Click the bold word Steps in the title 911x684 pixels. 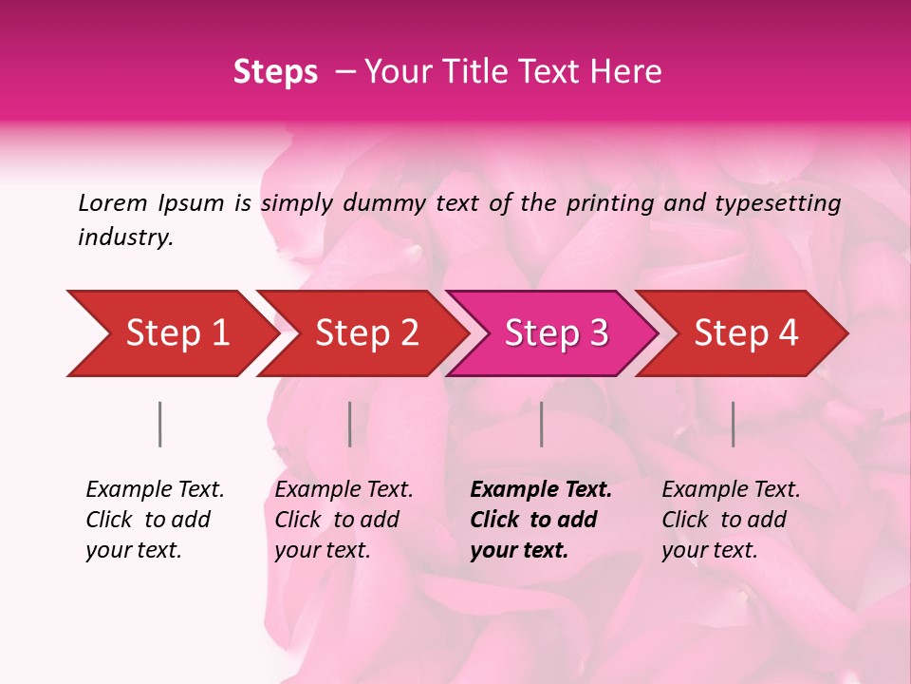275,72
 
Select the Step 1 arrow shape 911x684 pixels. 171,332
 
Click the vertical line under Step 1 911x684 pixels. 159,424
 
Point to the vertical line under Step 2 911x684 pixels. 350,424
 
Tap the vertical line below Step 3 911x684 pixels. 541,424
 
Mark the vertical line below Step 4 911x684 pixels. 733,424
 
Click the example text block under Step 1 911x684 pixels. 155,520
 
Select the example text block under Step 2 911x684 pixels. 344,520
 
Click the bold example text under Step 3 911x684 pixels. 540,520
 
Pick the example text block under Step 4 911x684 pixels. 731,520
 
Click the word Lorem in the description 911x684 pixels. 112,203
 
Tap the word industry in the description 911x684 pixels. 124,237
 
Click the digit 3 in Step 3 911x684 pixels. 598,332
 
